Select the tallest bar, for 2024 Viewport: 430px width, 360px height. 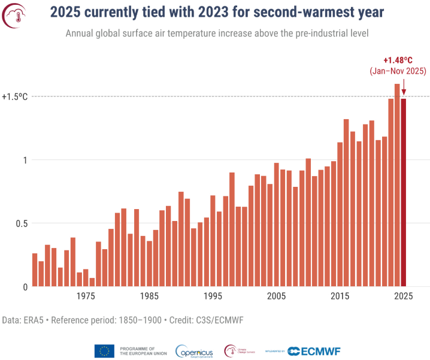tap(397, 185)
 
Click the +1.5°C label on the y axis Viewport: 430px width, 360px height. tap(15, 96)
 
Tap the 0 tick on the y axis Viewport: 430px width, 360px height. tap(26, 287)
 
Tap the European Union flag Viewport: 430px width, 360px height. tap(104, 351)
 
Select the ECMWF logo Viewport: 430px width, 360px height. tap(311, 352)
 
